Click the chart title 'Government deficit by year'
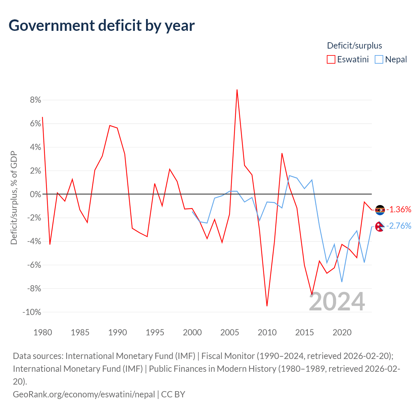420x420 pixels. pos(102,26)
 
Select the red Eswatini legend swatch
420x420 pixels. pos(331,59)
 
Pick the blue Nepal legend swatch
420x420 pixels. pos(379,59)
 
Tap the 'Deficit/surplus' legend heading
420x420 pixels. pos(354,46)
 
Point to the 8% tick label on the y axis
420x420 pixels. pos(35,100)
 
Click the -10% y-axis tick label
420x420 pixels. pos(32,312)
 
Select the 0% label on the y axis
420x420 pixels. pos(35,194)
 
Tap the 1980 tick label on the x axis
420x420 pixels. pos(43,332)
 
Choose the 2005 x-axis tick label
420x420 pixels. pos(230,332)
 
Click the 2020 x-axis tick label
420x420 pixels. pos(342,332)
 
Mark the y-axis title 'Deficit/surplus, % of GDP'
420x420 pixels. pos(14,198)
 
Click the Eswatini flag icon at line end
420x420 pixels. pos(380,210)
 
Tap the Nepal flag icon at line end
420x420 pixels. pos(380,226)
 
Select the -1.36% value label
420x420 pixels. pos(399,209)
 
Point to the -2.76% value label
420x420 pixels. pos(399,226)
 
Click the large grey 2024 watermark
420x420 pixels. pos(337,302)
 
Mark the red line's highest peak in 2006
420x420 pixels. pos(237,90)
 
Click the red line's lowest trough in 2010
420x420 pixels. pos(267,306)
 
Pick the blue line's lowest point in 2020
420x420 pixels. pos(342,282)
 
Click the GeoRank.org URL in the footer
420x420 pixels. pos(84,394)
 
